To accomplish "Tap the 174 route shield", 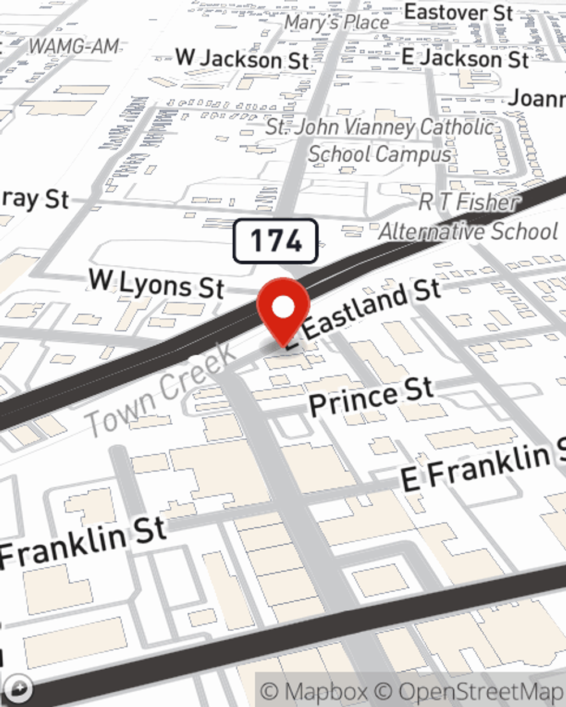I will click(276, 241).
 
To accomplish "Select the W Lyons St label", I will click(157, 284).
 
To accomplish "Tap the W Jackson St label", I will click(242, 59).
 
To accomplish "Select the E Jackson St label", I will click(465, 58).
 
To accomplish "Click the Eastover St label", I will click(458, 12).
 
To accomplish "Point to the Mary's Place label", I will click(337, 23).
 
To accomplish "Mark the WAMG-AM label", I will click(74, 46).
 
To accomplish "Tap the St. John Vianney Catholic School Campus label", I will click(380, 140).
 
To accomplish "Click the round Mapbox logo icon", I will click(19, 688).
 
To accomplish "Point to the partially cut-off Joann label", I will click(536, 98).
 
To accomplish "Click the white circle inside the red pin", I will click(283, 307).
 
